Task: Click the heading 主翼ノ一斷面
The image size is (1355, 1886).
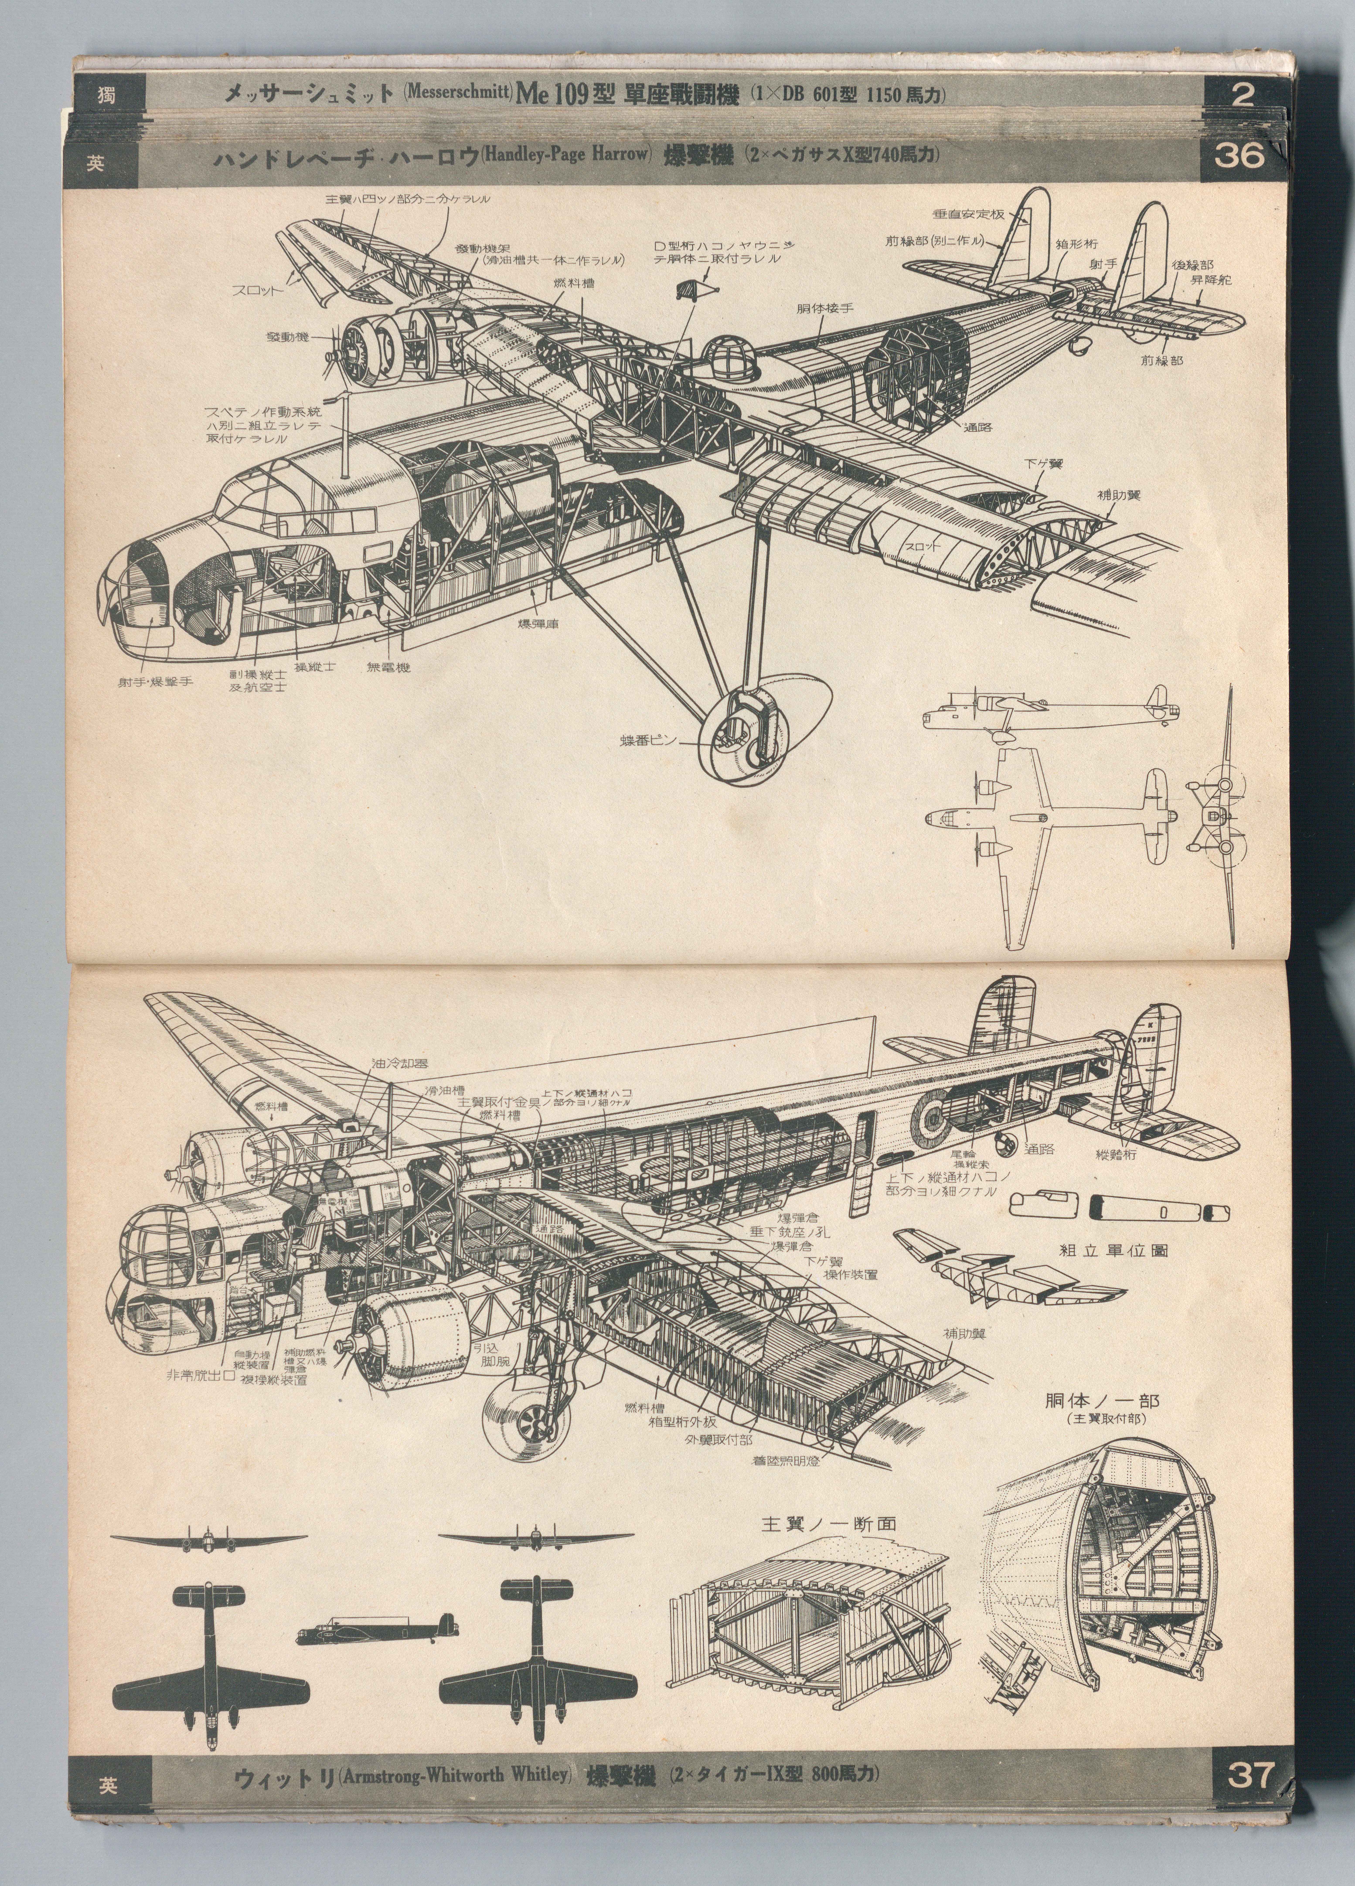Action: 829,1523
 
